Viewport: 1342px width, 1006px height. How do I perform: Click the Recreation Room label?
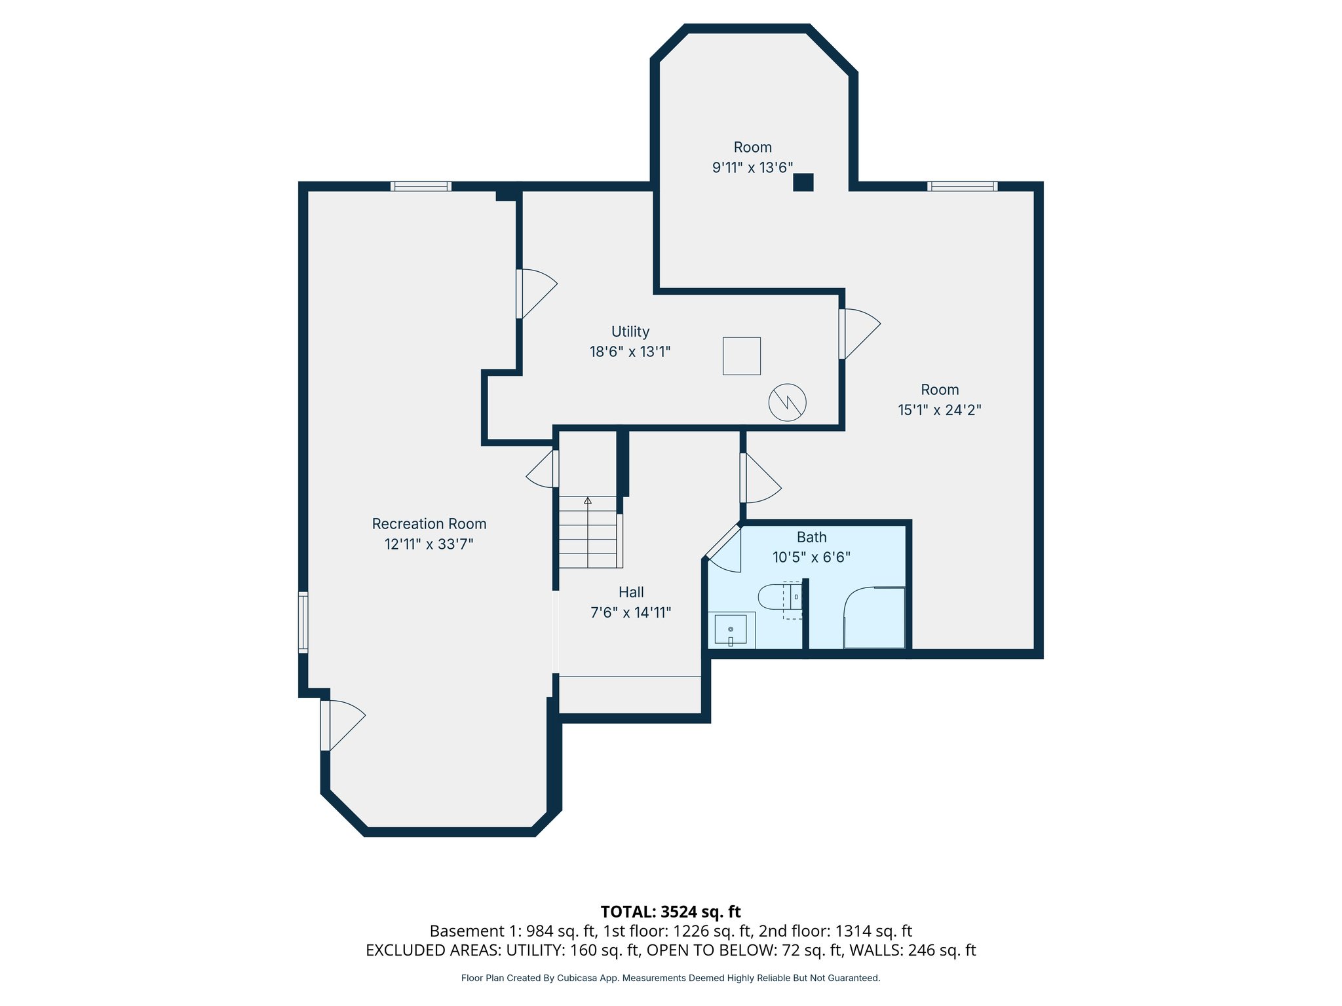coord(429,524)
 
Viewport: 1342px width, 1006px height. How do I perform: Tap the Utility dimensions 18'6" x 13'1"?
coord(630,352)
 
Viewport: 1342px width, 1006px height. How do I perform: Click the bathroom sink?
coord(731,630)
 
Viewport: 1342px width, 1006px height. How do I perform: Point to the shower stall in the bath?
coord(874,618)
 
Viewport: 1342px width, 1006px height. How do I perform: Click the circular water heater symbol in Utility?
coord(787,402)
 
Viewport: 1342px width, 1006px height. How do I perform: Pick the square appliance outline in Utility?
coord(741,356)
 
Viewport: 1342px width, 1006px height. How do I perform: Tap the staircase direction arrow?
coord(588,500)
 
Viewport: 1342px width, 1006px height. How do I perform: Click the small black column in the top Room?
coord(803,182)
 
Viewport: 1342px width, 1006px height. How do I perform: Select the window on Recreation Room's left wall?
coord(303,622)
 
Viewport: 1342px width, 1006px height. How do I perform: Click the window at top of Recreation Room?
coord(421,186)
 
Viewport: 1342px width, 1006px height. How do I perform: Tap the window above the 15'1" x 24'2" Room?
coord(962,186)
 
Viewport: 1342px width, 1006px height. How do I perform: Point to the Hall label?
coord(631,592)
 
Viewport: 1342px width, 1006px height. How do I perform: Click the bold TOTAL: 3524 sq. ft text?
coord(670,912)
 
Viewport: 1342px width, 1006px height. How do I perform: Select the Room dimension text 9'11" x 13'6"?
coord(752,168)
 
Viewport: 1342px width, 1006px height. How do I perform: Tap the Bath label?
coord(811,537)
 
